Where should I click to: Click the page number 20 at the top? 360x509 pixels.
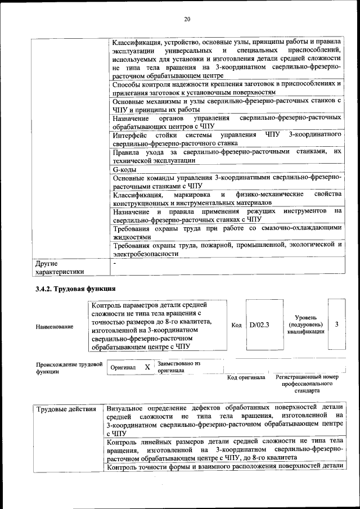click(x=187, y=20)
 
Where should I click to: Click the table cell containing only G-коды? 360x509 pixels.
click(x=124, y=169)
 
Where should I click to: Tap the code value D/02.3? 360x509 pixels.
click(x=259, y=325)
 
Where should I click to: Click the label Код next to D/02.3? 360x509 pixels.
click(x=236, y=325)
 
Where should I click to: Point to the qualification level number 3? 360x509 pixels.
click(x=336, y=325)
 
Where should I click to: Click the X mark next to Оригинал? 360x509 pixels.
click(x=147, y=367)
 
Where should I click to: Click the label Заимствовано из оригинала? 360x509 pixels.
click(x=179, y=367)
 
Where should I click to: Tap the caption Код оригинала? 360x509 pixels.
click(x=246, y=377)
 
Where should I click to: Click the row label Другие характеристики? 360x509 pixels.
click(x=60, y=267)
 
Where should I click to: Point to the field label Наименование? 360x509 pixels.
click(x=54, y=326)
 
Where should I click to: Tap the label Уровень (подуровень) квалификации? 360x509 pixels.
click(x=305, y=325)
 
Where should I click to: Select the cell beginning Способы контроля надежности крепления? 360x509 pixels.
click(x=226, y=87)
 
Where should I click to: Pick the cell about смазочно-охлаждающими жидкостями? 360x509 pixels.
click(x=226, y=233)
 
